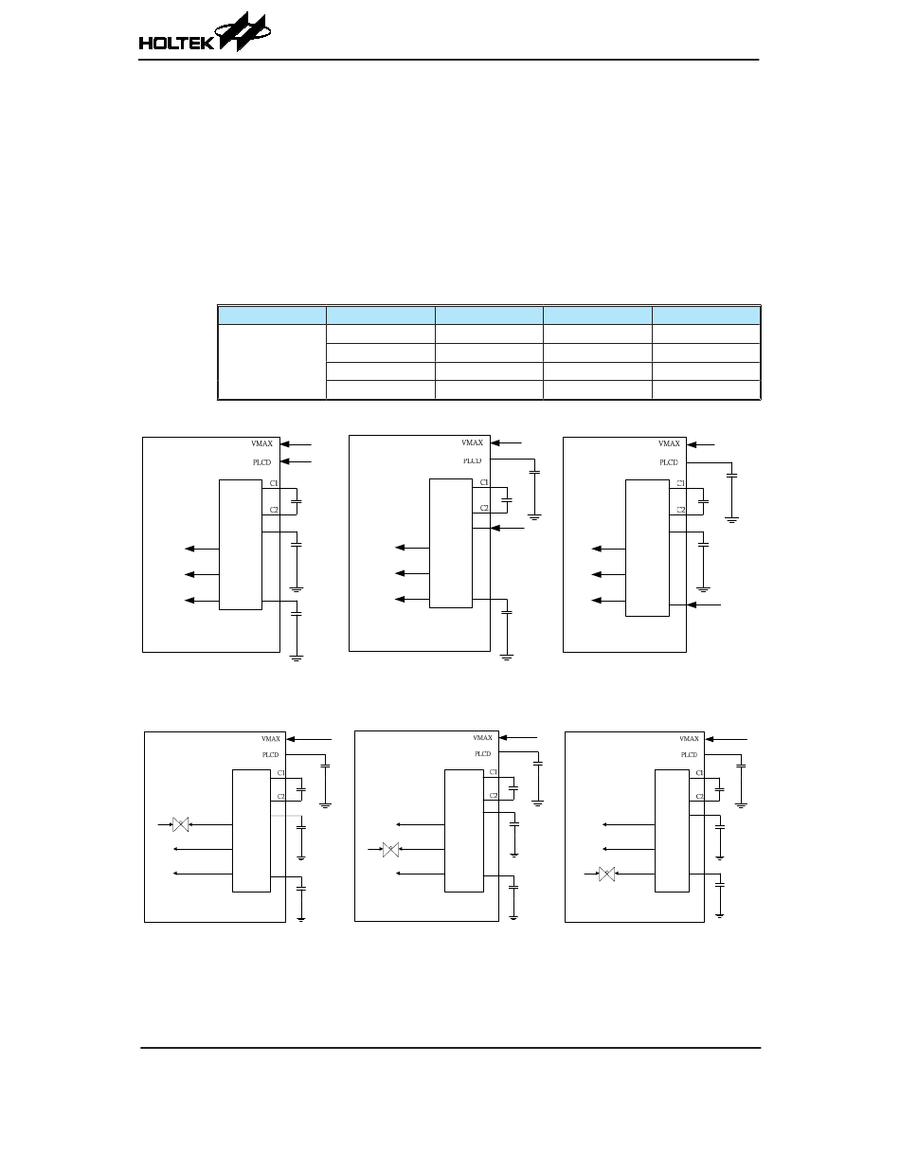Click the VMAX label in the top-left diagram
click(x=261, y=442)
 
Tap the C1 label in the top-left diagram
click(x=274, y=484)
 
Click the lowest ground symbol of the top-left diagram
click(x=297, y=657)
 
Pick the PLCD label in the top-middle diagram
click(x=472, y=460)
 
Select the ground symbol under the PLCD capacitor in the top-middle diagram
click(x=535, y=516)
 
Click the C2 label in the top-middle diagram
click(x=484, y=508)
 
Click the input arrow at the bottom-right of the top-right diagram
click(x=705, y=604)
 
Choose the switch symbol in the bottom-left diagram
click(x=181, y=825)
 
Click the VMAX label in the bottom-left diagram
click(x=271, y=739)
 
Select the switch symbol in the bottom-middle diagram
click(x=389, y=849)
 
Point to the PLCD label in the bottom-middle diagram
click(x=483, y=754)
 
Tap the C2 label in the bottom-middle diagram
click(x=494, y=796)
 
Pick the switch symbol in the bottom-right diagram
click(x=607, y=873)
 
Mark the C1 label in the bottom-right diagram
click(x=699, y=773)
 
